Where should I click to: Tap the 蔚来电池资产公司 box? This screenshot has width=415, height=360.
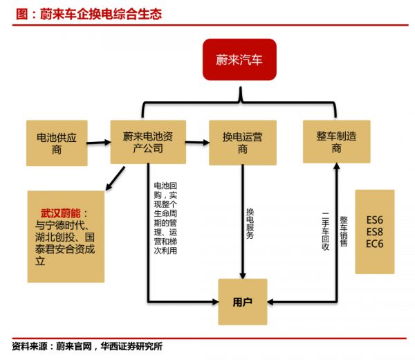[147, 142]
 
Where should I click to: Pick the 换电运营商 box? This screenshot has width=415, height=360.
[242, 142]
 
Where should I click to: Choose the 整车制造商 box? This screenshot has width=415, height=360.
[336, 142]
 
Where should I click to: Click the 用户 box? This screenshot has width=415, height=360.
[243, 301]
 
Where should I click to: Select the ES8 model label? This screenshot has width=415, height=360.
[374, 231]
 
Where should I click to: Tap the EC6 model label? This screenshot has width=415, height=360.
[374, 244]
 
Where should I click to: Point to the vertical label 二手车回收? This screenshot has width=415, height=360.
[325, 229]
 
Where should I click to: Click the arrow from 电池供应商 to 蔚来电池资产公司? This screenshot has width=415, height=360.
[99, 143]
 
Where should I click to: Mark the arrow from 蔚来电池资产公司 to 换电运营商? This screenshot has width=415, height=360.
[196, 143]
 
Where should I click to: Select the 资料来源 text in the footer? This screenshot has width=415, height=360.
[28, 347]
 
